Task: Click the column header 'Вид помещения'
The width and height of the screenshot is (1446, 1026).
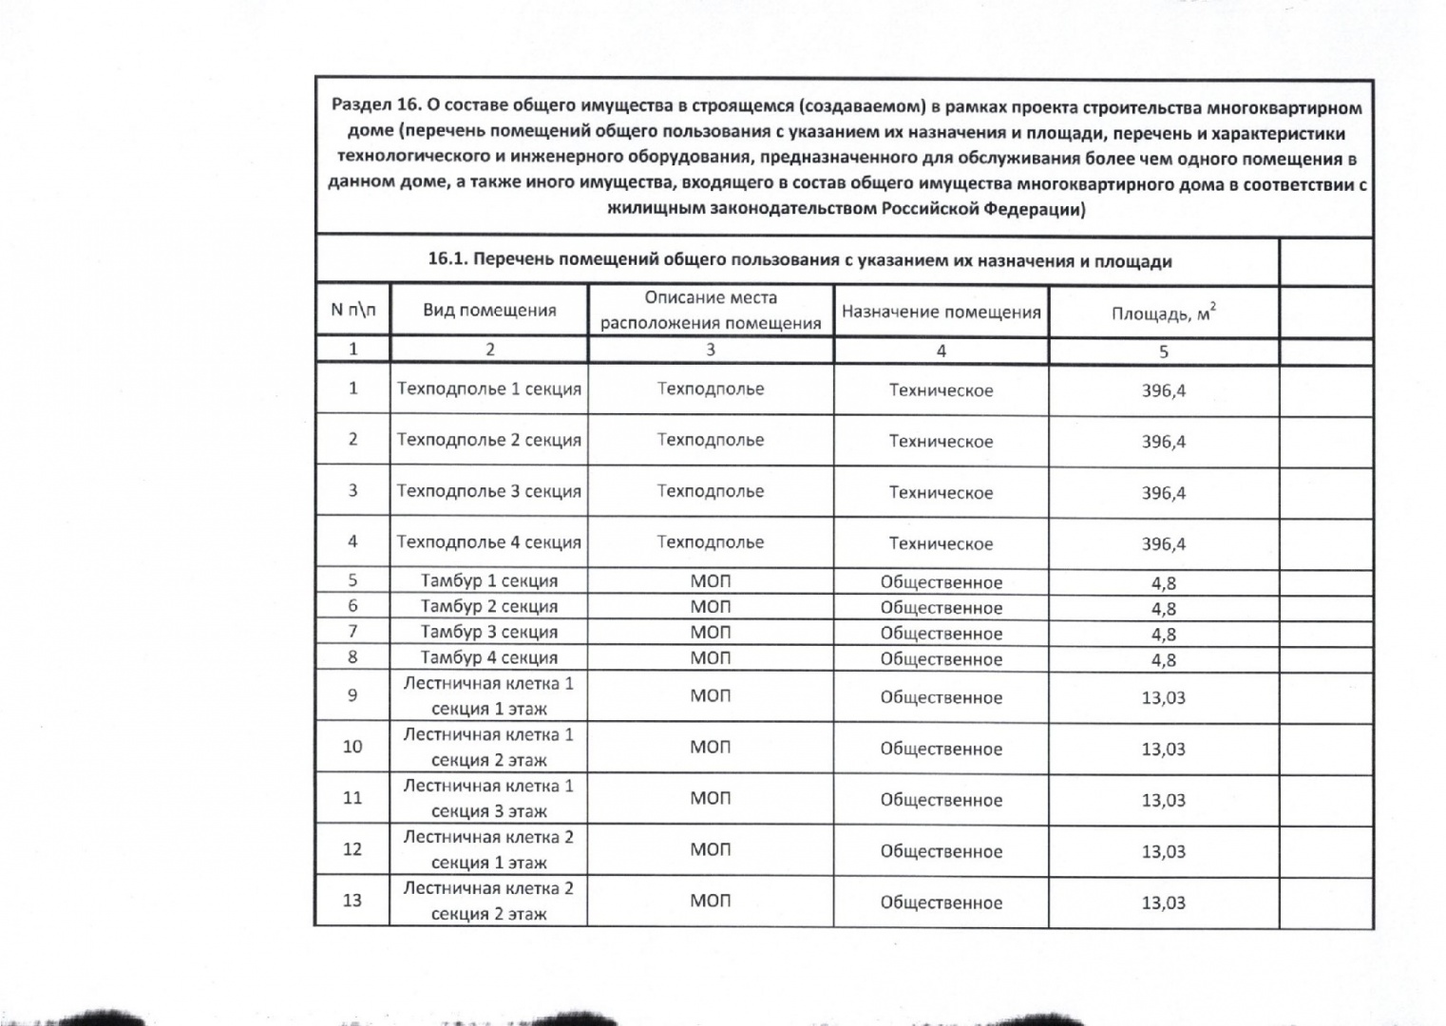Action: [x=488, y=311]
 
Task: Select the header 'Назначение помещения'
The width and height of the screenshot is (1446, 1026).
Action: [x=941, y=312]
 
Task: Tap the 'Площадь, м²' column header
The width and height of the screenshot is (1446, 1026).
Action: [x=1163, y=313]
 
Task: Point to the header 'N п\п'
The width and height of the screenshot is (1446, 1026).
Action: [x=352, y=310]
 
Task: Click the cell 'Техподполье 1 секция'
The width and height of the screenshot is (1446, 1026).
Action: [x=488, y=389]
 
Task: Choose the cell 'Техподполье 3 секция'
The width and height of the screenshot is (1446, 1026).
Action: [x=488, y=491]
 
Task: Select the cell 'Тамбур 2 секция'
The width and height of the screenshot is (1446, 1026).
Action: [x=488, y=606]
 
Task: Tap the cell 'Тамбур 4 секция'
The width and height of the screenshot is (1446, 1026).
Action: [x=488, y=657]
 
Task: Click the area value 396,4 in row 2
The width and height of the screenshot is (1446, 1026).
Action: [x=1163, y=442]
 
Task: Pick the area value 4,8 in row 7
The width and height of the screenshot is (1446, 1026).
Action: [x=1163, y=634]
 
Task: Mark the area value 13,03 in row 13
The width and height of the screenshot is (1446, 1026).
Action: [x=1163, y=902]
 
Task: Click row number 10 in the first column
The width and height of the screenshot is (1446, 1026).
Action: [x=352, y=747]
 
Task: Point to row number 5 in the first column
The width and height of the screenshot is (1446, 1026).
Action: [x=352, y=580]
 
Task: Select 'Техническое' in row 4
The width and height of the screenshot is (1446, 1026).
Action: [x=941, y=543]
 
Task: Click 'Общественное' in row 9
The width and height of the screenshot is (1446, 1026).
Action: [x=941, y=697]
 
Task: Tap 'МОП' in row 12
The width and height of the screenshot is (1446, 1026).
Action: [x=710, y=850]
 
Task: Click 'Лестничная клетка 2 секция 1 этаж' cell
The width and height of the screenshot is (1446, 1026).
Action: [x=488, y=849]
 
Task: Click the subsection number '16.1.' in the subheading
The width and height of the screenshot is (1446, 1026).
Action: [x=447, y=259]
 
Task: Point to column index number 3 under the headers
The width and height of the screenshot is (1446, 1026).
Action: [x=710, y=350]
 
